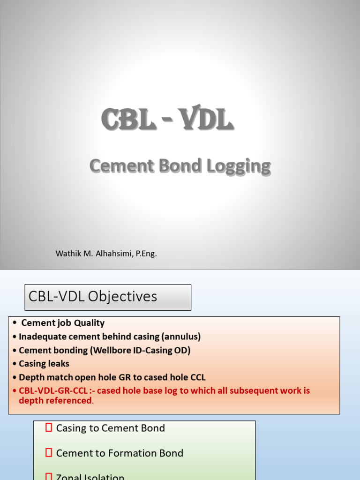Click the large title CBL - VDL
167,120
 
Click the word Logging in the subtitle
243,166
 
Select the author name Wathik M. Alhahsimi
94,254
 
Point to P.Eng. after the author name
146,254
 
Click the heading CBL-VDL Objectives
93,297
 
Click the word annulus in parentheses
185,337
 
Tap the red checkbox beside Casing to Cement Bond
49,427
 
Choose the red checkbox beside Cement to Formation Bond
49,453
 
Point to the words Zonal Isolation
90,477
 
